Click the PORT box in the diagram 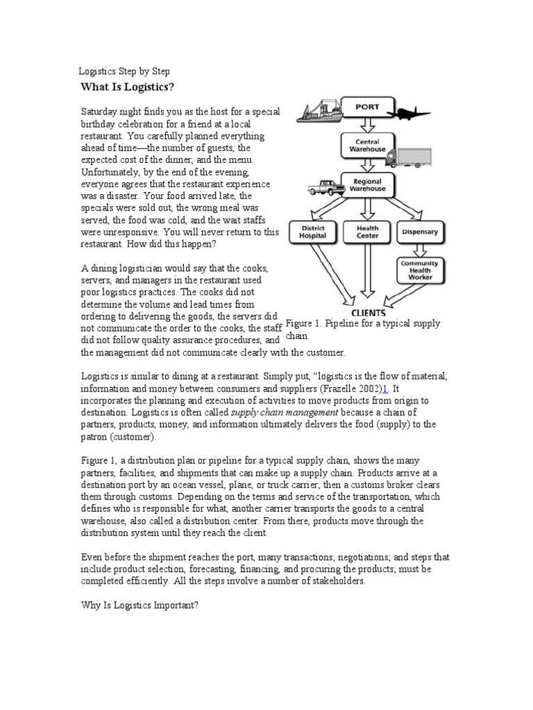click(366, 107)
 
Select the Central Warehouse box click(367, 145)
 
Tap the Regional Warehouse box click(367, 184)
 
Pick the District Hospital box click(311, 232)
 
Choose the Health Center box click(367, 232)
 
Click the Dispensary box click(420, 232)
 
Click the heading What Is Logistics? click(127, 87)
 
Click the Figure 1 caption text click(362, 329)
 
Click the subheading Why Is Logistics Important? click(139, 605)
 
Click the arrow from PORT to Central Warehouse click(367, 125)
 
